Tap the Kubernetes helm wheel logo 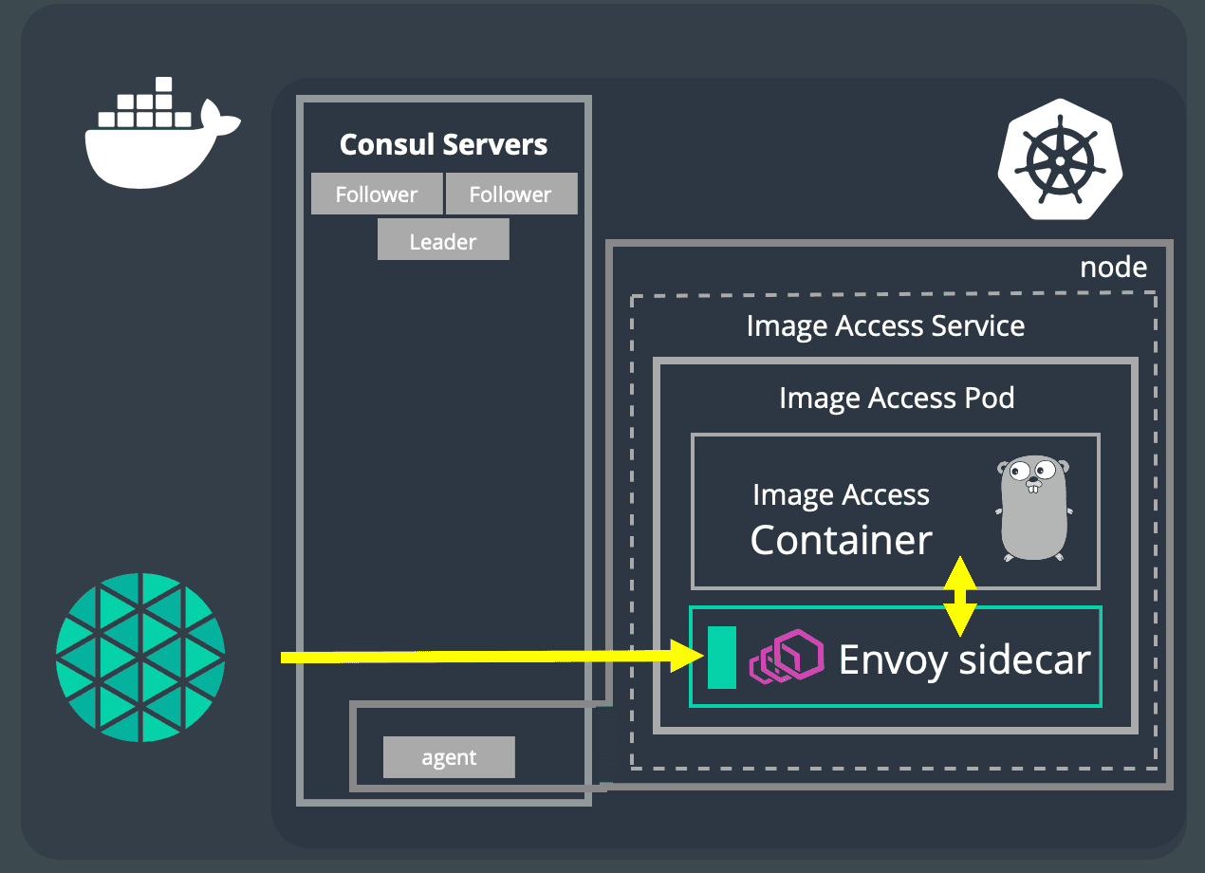[x=1060, y=159]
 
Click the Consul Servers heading [x=443, y=144]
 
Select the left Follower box [x=377, y=194]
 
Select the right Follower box [x=511, y=194]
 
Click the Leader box [x=443, y=239]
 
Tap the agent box [x=449, y=757]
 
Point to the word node [x=1114, y=268]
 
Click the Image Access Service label [x=885, y=326]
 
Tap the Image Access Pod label [x=897, y=399]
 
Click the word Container [x=841, y=540]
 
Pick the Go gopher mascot [x=1034, y=509]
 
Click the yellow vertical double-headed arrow [x=960, y=597]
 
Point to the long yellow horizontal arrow [x=492, y=657]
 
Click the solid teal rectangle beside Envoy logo [x=721, y=658]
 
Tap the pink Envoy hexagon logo [x=787, y=657]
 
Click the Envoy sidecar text [x=965, y=660]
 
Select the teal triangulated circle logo [x=140, y=658]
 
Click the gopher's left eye [x=1019, y=473]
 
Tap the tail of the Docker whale [x=219, y=118]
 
